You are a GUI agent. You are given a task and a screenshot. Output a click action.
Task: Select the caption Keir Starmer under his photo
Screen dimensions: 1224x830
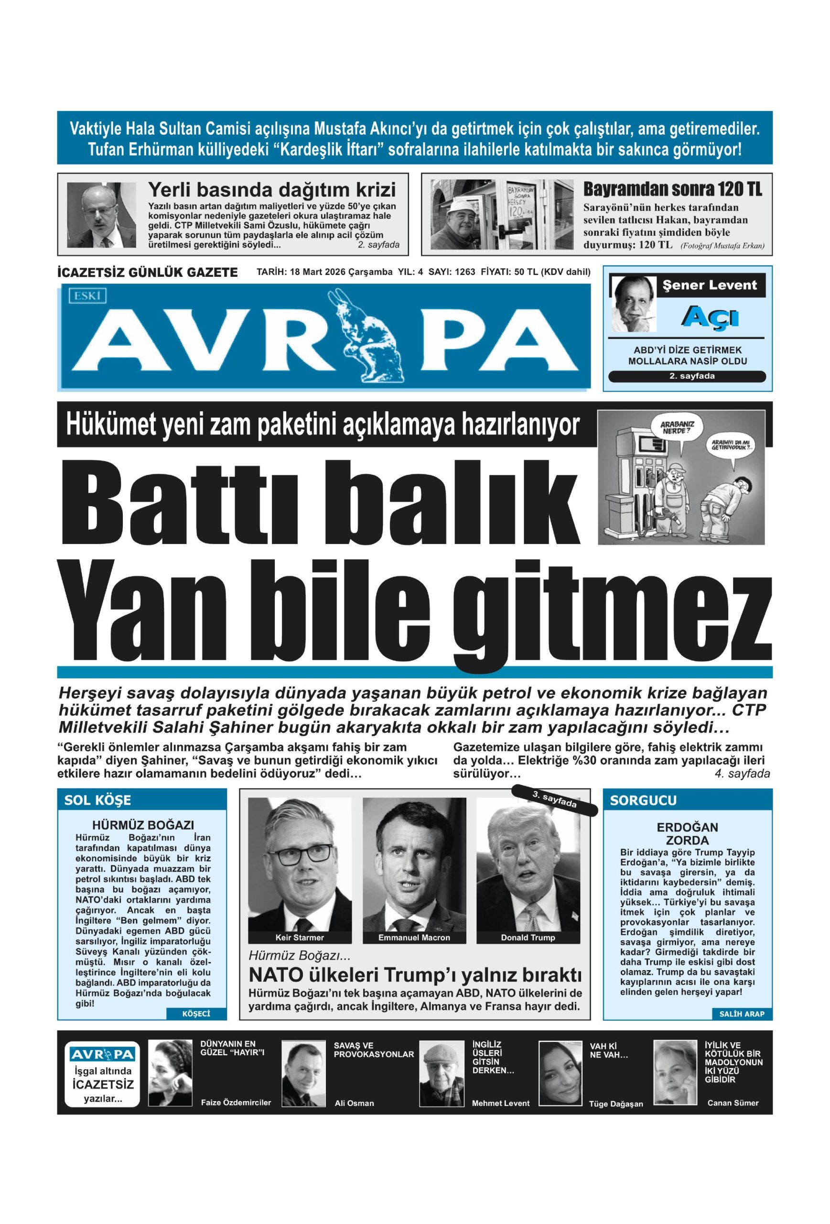click(x=300, y=938)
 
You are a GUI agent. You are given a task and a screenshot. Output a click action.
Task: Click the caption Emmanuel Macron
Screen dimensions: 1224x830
click(x=414, y=938)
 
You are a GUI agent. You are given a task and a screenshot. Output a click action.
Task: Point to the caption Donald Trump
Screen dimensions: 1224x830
click(x=528, y=938)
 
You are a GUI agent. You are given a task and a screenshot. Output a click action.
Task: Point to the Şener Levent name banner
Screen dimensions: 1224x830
click(x=710, y=285)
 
